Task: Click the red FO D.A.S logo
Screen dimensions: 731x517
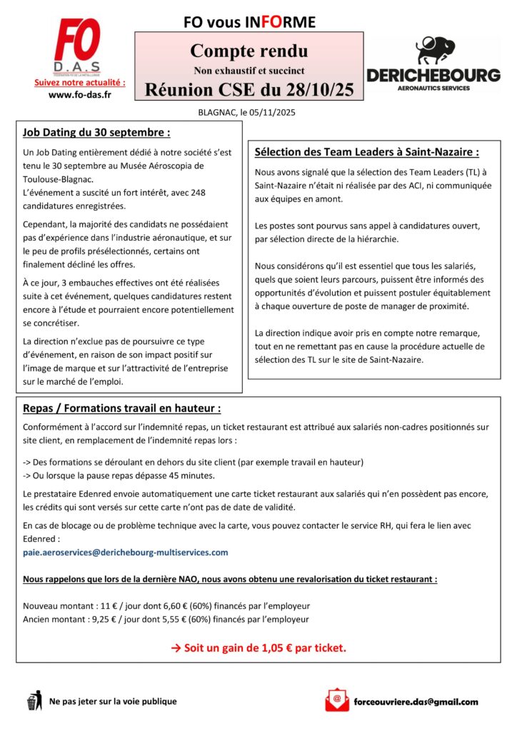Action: pos(79,48)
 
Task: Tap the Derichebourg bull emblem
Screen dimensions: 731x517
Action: pos(435,51)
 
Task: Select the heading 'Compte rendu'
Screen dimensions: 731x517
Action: pos(249,51)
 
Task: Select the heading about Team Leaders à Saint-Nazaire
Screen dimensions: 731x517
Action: pos(366,152)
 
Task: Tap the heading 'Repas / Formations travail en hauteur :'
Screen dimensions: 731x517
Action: pos(121,408)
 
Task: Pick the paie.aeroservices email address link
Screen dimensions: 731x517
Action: pos(126,552)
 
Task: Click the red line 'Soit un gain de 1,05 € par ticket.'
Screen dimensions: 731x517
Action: pos(258,648)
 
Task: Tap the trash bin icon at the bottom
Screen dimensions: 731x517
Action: pos(34,700)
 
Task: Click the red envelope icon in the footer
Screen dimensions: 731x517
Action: pos(337,700)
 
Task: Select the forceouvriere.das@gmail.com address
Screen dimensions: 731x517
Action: pos(416,702)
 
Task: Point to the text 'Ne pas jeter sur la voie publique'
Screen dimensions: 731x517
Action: pos(113,702)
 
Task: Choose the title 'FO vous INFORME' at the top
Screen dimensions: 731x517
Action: pos(249,22)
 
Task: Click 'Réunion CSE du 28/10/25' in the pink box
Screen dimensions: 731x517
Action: pos(249,90)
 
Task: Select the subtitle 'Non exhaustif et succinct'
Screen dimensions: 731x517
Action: pos(249,71)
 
